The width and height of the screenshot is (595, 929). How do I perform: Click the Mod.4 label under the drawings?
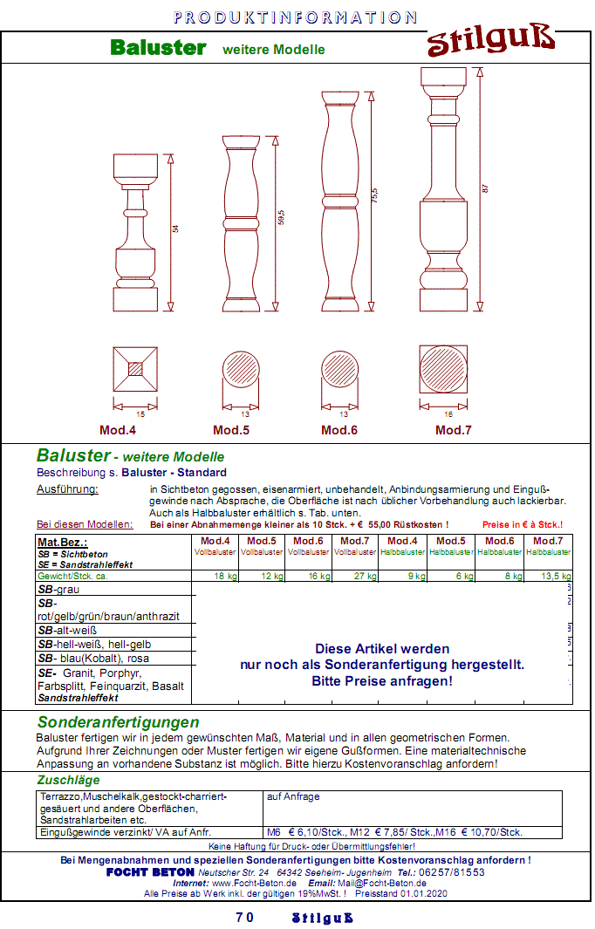click(x=118, y=430)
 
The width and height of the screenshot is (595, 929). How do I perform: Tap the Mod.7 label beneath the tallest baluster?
click(x=454, y=430)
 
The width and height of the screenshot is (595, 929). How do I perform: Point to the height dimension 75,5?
click(x=376, y=191)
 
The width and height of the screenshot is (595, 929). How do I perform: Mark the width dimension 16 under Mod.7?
click(x=449, y=415)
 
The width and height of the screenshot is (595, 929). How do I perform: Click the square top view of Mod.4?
click(x=135, y=370)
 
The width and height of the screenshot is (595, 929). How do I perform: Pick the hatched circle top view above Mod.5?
click(x=244, y=370)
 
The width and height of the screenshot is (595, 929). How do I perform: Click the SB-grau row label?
click(x=58, y=590)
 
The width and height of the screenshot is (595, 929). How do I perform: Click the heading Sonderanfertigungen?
click(x=118, y=722)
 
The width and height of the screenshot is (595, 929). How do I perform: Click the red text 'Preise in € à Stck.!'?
click(x=522, y=524)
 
